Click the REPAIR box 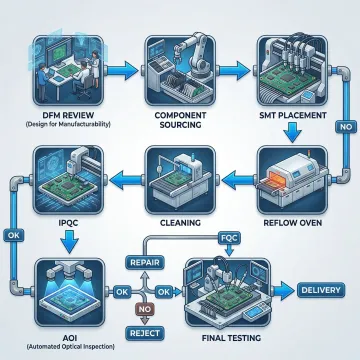click(x=141, y=262)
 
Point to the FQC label click(x=229, y=239)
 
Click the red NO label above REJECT click(x=141, y=310)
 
